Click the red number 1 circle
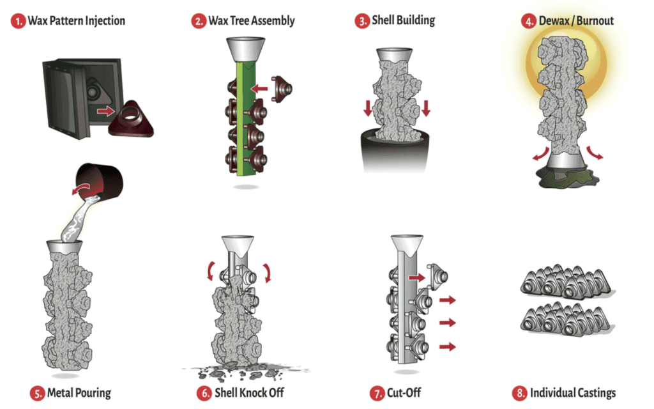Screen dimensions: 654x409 18,21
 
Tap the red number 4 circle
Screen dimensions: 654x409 528,21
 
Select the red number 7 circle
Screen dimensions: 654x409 377,393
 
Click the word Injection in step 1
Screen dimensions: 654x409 105,21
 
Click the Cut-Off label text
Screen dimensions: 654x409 404,393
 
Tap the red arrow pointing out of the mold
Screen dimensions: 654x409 106,111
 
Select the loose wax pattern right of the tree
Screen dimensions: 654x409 282,88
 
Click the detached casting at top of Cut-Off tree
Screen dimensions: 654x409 437,276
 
